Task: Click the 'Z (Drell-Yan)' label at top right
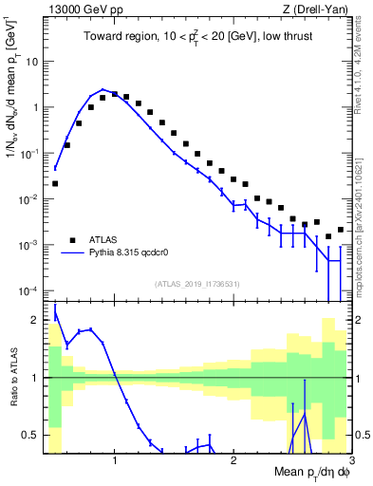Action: [x=319, y=9]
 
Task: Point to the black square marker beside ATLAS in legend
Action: [x=72, y=241]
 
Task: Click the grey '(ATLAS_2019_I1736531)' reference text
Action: [x=196, y=283]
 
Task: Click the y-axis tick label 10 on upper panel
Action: [x=31, y=61]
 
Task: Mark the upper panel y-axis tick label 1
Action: [x=35, y=107]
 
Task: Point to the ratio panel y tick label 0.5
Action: [x=30, y=435]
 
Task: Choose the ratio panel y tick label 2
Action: [x=35, y=320]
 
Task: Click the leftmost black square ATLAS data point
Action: [x=55, y=183]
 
